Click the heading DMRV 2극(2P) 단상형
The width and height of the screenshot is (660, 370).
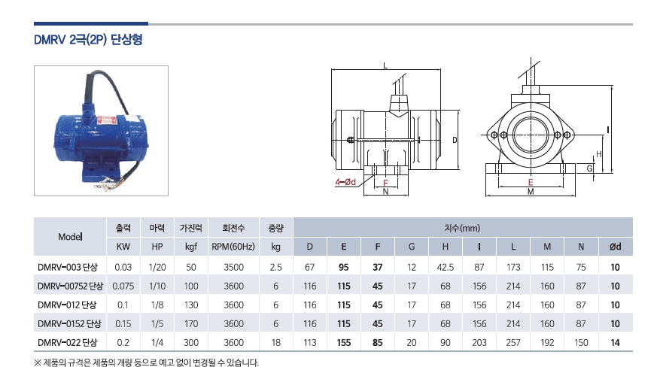click(x=88, y=40)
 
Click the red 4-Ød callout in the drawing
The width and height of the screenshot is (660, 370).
click(x=345, y=182)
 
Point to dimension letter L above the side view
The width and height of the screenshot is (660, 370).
click(x=385, y=65)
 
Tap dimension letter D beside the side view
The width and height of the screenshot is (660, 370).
click(x=455, y=140)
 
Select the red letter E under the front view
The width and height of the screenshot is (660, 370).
click(x=531, y=183)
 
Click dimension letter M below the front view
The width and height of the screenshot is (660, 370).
click(x=531, y=192)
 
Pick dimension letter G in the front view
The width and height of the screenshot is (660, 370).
click(x=590, y=168)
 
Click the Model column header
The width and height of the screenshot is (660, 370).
click(x=70, y=237)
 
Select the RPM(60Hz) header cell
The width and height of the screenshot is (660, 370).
click(x=233, y=247)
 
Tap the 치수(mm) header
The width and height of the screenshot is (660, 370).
click(x=462, y=228)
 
